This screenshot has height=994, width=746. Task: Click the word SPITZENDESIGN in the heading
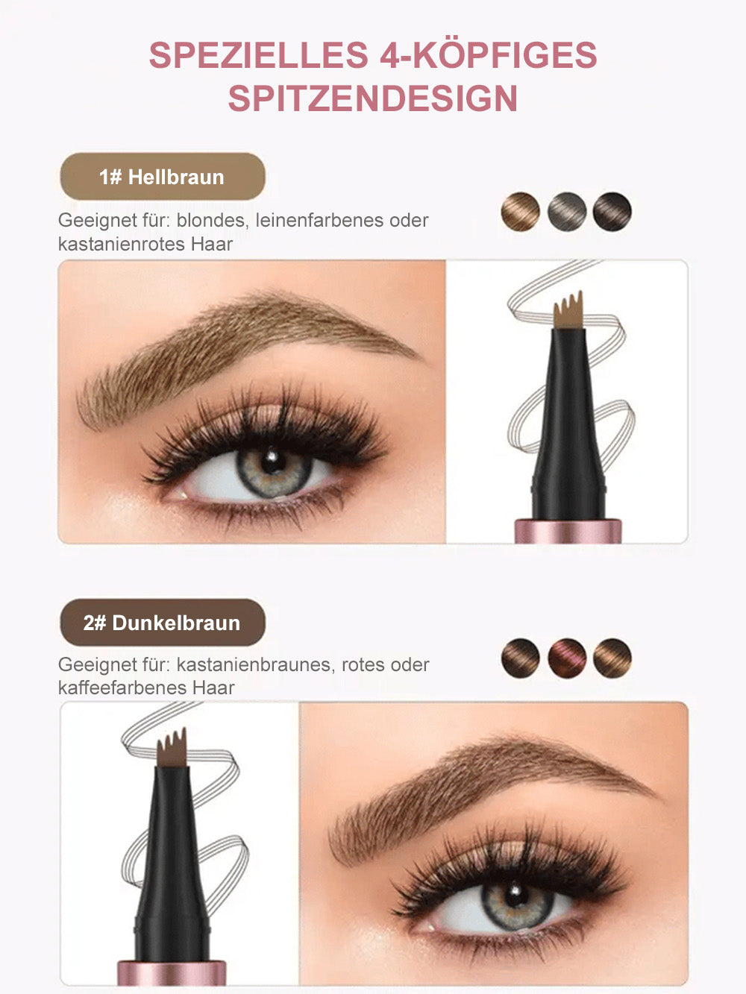click(373, 99)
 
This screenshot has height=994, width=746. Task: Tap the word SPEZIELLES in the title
click(258, 55)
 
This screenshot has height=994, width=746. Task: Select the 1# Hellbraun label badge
click(162, 177)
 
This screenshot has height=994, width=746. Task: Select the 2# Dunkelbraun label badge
click(162, 623)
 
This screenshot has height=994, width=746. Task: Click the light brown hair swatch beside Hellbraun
click(521, 212)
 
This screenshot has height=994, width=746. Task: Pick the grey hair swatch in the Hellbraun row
click(567, 212)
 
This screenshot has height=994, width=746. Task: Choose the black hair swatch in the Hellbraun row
click(612, 212)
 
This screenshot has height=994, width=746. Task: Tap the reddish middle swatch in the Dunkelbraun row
click(567, 658)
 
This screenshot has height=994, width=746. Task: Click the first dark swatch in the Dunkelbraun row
click(521, 658)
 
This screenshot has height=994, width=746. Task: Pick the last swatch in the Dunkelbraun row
click(612, 658)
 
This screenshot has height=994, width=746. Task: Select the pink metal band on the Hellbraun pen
click(568, 531)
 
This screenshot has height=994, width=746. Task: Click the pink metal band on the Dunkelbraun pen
click(172, 972)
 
